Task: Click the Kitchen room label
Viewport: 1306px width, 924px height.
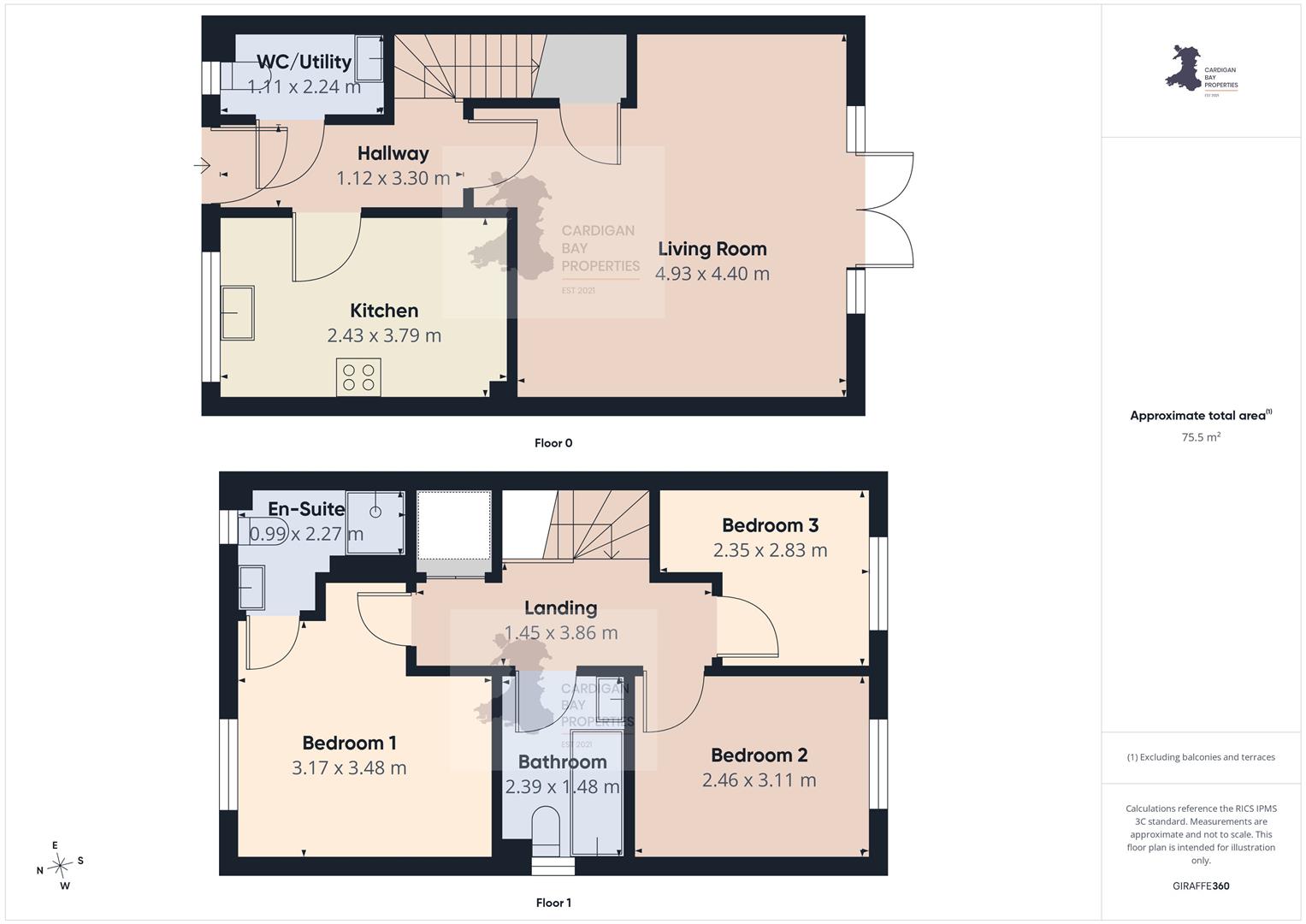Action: (384, 311)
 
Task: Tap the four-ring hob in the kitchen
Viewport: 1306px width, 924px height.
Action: (358, 377)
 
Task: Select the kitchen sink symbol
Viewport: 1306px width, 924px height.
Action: (237, 312)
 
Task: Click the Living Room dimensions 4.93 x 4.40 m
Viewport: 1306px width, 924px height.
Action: (712, 274)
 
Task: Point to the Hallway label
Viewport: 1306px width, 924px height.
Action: (393, 153)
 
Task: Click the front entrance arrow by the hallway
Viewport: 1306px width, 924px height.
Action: (202, 166)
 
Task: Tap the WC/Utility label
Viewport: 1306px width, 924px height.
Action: (304, 62)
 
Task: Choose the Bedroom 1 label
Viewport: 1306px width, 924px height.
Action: (349, 743)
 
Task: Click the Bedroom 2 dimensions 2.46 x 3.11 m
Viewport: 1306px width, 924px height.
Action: (759, 780)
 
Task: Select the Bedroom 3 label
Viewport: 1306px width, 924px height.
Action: (771, 525)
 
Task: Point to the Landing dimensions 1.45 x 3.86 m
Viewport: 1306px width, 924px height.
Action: (561, 632)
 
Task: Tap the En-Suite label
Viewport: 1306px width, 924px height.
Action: (306, 509)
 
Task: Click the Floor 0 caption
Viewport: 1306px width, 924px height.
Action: (553, 443)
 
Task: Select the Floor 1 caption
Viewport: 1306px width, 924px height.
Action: (553, 903)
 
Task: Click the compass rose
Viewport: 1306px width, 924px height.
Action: (60, 866)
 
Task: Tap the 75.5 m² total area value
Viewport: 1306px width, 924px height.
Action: (1201, 437)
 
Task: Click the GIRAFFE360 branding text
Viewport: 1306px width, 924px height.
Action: (1201, 885)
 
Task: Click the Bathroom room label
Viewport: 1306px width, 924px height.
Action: (563, 761)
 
